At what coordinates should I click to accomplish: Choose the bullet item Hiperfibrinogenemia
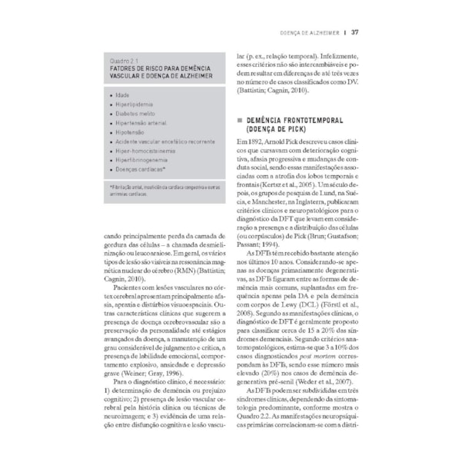point(145,159)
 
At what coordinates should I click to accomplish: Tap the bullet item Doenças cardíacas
point(142,168)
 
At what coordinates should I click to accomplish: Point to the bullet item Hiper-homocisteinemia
point(146,150)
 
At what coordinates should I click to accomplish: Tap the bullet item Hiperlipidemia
point(135,103)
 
